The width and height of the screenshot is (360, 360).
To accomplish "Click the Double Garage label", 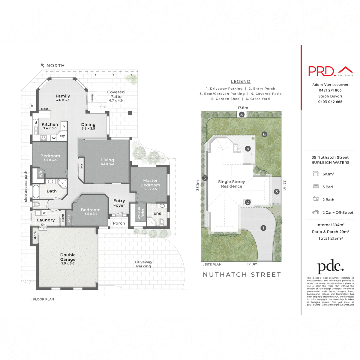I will point(68,257).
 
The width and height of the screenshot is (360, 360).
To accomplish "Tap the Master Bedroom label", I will point(150,183).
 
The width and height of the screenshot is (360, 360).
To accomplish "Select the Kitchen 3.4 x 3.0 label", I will point(50,126).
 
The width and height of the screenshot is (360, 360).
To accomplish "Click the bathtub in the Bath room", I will point(36,192).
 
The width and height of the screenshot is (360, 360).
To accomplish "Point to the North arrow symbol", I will point(43,65).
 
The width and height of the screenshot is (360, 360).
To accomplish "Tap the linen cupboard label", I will point(81,168).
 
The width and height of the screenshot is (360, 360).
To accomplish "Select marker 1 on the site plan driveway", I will point(263,228).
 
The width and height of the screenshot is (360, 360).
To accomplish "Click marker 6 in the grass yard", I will point(264,134).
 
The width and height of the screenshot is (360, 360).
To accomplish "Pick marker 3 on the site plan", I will point(277,191).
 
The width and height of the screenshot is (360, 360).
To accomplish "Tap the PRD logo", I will point(322,71).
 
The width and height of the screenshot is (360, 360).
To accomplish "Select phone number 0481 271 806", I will point(330,90).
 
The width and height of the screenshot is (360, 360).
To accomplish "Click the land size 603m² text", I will point(328,174).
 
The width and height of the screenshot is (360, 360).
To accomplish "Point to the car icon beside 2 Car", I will point(316,212).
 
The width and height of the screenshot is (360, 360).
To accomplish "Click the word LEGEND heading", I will point(241,81).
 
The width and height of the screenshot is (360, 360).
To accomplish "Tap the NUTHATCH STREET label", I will point(242,274).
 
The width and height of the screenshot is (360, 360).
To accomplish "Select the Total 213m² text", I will point(330,238).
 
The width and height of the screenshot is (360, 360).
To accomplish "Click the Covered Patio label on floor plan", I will point(116,94).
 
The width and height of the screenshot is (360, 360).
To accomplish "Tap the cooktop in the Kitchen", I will point(43,138).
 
